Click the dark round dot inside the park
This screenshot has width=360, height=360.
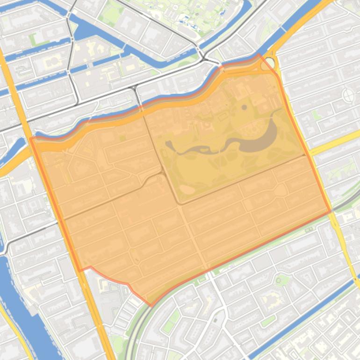pos(245,108)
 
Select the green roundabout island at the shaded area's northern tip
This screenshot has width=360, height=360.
pos(266,65)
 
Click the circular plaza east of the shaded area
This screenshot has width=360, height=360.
pos(348,95)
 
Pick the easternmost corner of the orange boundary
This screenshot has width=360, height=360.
pos(331,211)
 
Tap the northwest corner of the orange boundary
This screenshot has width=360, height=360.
pos(30,138)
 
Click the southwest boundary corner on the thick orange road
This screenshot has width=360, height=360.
pos(80,270)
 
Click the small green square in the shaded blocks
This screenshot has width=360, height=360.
pos(122,138)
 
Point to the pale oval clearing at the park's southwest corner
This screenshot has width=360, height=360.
pos(187,189)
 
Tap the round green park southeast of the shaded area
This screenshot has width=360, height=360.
pos(281,281)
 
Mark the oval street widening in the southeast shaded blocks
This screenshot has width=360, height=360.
pos(281,189)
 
